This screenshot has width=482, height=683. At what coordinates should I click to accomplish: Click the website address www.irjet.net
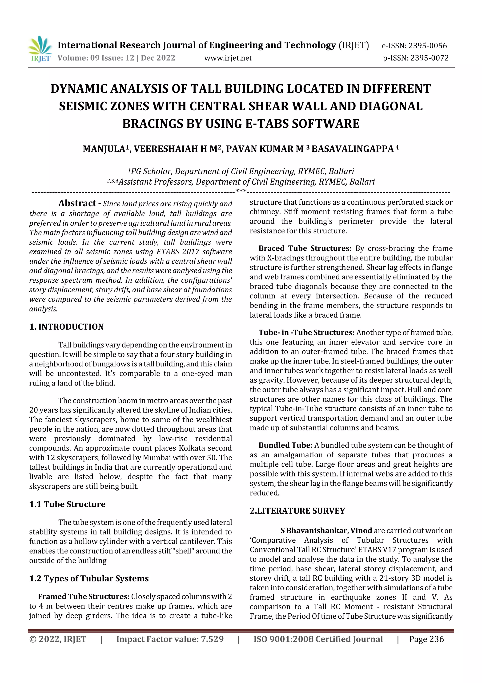228,58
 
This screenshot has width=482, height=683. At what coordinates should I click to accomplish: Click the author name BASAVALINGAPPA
353,149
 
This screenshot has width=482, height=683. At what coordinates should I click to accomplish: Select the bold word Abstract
77,203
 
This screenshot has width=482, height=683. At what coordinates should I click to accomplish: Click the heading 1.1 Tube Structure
67,504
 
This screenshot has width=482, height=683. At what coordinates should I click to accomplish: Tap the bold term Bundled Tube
285,445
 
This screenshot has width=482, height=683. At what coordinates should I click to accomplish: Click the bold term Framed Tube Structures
84,596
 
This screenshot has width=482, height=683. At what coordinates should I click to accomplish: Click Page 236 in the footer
426,639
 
